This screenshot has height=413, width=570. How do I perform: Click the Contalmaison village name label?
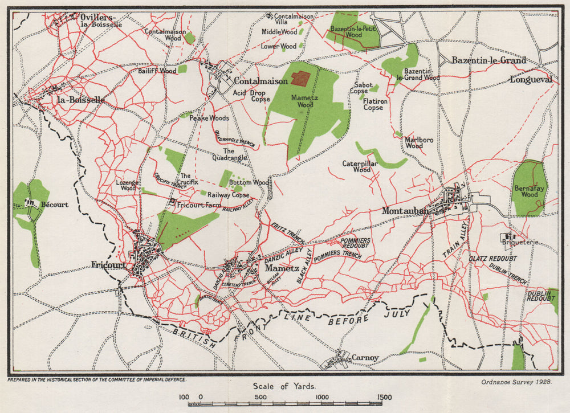click(262, 81)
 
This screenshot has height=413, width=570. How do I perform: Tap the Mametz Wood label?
click(302, 101)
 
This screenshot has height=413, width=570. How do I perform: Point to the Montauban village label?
click(405, 211)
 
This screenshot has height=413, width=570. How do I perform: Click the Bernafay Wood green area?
click(528, 188)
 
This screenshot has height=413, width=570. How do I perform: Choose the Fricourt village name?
click(109, 264)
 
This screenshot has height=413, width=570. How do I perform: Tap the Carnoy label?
click(365, 358)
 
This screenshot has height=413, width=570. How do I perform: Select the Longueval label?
click(531, 80)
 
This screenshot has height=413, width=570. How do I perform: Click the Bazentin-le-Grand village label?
click(488, 60)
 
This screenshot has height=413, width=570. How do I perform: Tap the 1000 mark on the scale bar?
click(321, 398)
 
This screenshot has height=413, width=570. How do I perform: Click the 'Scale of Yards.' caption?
click(285, 386)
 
